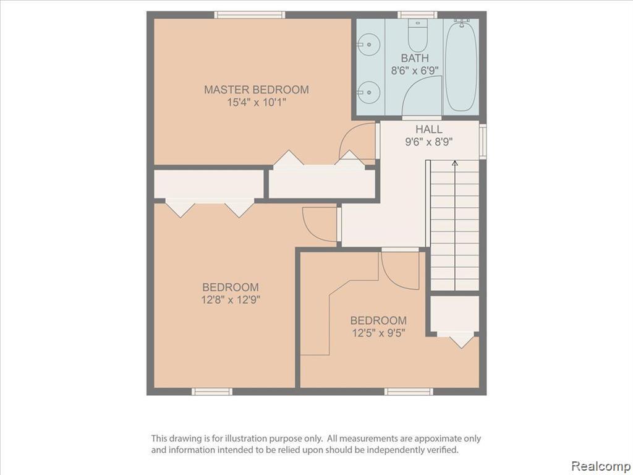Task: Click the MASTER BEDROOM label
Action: tap(257, 90)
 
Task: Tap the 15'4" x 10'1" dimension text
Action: tap(257, 103)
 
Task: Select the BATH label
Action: tap(415, 58)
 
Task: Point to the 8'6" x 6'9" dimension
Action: tap(415, 71)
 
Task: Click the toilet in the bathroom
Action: tap(418, 35)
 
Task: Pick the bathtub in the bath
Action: tap(461, 66)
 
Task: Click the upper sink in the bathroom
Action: tap(368, 45)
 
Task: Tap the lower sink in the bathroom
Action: tap(368, 93)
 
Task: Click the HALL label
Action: tap(429, 129)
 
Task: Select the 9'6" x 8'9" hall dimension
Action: tap(429, 142)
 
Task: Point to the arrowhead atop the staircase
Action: tap(455, 163)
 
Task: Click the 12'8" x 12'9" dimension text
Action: tap(231, 300)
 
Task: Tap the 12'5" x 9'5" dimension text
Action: tap(378, 333)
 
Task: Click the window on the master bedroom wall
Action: tap(250, 15)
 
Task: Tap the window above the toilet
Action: tap(417, 15)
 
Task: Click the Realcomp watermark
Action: tap(600, 466)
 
